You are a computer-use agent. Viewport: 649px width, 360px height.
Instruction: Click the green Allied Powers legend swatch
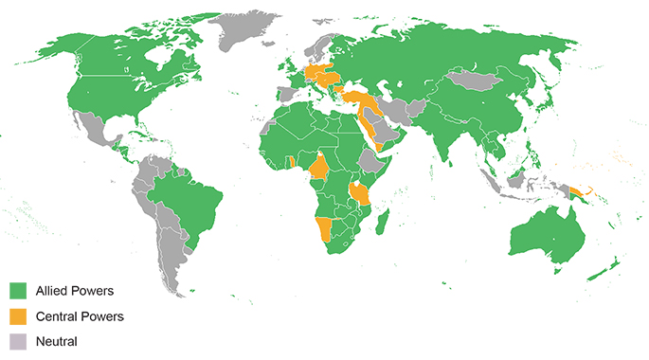click(x=18, y=289)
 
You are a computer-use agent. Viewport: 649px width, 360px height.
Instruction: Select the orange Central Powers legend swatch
click(x=18, y=315)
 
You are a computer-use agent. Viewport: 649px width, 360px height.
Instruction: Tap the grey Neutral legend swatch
click(x=18, y=340)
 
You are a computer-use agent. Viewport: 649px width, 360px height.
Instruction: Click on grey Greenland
click(x=248, y=28)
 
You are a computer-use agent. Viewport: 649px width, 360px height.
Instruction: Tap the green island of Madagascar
click(x=383, y=224)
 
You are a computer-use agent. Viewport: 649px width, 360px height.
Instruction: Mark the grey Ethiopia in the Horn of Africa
click(x=376, y=163)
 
